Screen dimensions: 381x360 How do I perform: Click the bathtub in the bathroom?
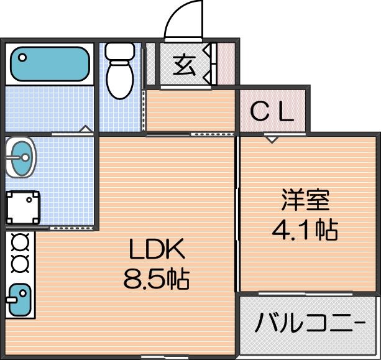[50, 63]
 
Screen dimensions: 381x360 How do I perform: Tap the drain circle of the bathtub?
[22, 58]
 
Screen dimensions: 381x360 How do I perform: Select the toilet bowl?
[120, 80]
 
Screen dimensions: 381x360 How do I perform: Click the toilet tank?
[120, 52]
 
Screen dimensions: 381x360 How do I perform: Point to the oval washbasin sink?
[21, 157]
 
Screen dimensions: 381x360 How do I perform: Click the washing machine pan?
[22, 207]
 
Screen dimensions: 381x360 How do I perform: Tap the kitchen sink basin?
[20, 300]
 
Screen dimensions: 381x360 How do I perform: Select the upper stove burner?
[20, 242]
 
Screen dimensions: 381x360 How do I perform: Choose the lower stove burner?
[20, 264]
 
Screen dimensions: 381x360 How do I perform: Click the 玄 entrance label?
[184, 65]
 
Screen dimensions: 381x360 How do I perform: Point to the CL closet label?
[272, 112]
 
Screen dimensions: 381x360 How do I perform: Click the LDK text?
[157, 249]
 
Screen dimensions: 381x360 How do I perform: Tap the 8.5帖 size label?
[156, 279]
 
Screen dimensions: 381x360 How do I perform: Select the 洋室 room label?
[305, 200]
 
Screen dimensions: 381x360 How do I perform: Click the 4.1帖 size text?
[305, 230]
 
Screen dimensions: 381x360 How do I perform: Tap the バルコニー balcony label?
[310, 323]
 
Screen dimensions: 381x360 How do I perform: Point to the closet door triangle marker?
[272, 140]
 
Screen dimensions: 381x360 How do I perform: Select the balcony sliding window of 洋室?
[305, 294]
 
